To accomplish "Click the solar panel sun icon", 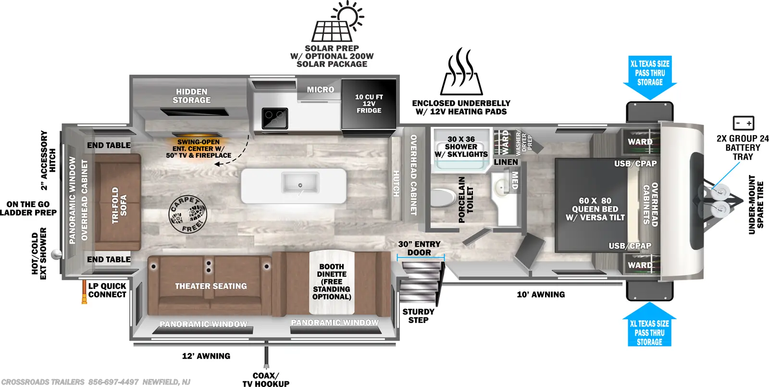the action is pyautogui.click(x=338, y=21).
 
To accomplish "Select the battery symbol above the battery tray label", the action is pyautogui.click(x=743, y=123).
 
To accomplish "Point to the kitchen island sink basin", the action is pyautogui.click(x=300, y=182).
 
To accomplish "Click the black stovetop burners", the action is pyautogui.click(x=274, y=118).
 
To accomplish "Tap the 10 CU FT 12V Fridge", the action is pyautogui.click(x=369, y=104).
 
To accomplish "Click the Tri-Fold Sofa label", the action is pyautogui.click(x=119, y=205).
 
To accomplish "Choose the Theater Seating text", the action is pyautogui.click(x=211, y=286).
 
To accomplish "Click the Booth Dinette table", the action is pyautogui.click(x=332, y=282).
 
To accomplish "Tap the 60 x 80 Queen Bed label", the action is pyautogui.click(x=595, y=209).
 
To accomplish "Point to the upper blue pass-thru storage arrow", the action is pyautogui.click(x=650, y=77).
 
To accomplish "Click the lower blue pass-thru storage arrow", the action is pyautogui.click(x=649, y=324).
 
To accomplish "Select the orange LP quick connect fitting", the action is pyautogui.click(x=84, y=292).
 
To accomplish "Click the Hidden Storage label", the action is pyautogui.click(x=192, y=96).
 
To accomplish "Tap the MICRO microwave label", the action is pyautogui.click(x=320, y=89).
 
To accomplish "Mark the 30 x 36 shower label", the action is pyautogui.click(x=461, y=147).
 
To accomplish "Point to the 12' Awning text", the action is pyautogui.click(x=206, y=356).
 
